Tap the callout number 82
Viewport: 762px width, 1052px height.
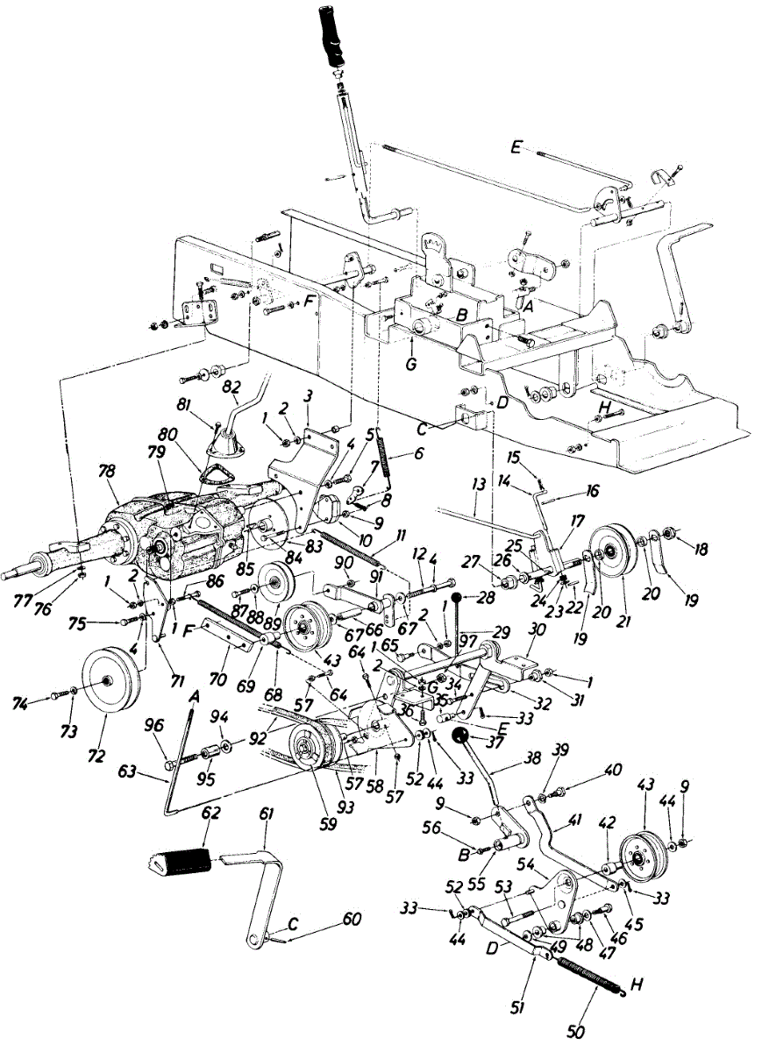[x=232, y=386]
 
